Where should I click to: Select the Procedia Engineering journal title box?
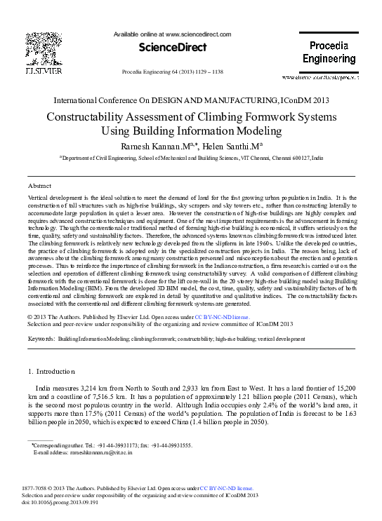pyautogui.click(x=329, y=53)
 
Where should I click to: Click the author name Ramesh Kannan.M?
pyautogui.click(x=157, y=146)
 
